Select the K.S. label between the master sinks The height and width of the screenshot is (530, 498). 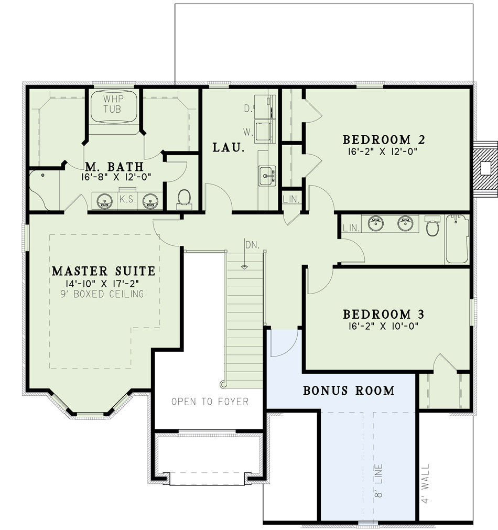(x=127, y=199)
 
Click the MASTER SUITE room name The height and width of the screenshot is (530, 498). (x=104, y=271)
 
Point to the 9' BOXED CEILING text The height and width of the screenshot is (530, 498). (x=102, y=294)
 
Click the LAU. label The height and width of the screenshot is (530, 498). (x=229, y=147)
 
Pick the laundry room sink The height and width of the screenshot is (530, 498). (x=267, y=176)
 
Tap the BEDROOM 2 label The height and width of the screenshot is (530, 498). (x=384, y=139)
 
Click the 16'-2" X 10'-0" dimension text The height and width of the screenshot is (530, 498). (x=383, y=326)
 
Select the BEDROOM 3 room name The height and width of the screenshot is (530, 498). (x=383, y=315)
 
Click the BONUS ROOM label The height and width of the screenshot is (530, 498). (x=349, y=391)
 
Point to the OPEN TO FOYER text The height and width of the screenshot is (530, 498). (x=210, y=402)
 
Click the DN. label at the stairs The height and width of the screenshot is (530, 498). (x=252, y=245)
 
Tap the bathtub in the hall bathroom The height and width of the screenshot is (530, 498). (x=457, y=239)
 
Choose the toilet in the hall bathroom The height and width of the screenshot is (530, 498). (x=432, y=225)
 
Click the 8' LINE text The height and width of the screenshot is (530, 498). (x=379, y=481)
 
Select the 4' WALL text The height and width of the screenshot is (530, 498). (x=425, y=483)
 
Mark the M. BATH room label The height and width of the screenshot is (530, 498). (x=114, y=167)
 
